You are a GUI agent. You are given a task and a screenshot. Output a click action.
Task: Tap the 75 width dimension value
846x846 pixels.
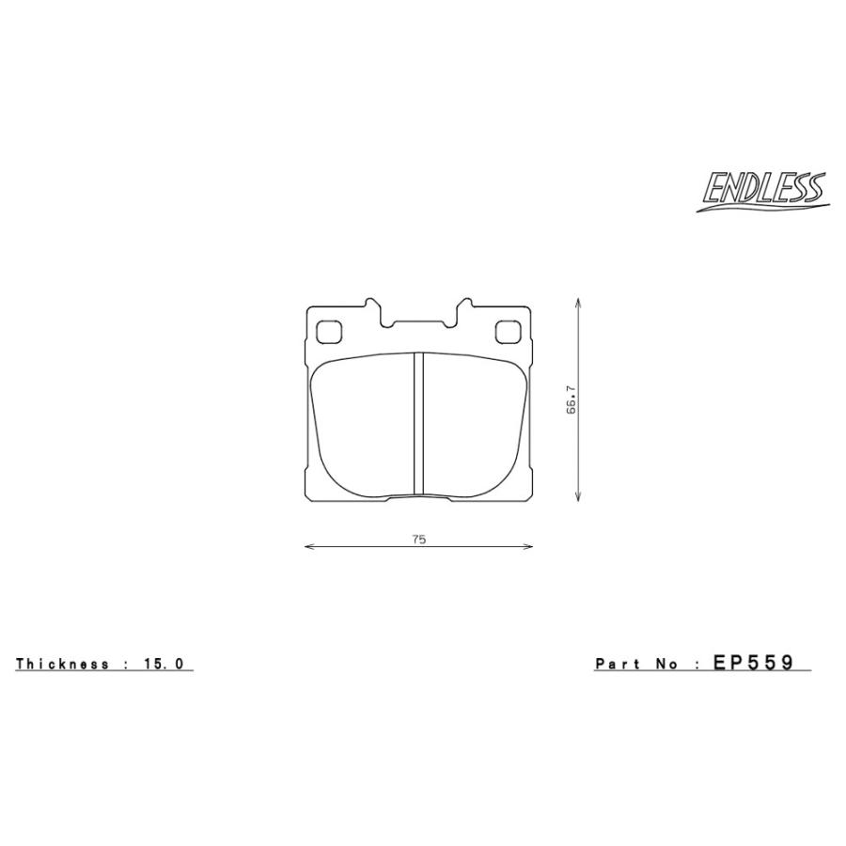coord(418,539)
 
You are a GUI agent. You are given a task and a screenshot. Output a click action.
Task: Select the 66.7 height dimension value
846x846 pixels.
coord(570,400)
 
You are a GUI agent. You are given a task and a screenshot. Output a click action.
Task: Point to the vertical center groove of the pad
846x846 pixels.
coord(419,424)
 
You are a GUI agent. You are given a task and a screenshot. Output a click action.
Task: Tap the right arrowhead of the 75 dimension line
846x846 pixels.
coord(529,546)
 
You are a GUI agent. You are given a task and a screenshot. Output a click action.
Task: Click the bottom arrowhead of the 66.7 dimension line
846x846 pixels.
coord(577,501)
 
